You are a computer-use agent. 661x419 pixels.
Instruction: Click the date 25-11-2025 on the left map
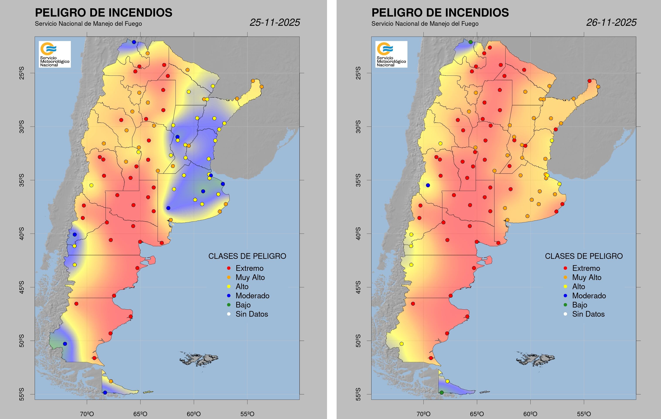275,22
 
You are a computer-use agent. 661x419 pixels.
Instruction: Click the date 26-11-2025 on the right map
611,22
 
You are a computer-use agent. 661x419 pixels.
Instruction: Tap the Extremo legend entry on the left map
249,268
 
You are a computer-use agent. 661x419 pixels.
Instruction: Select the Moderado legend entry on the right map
589,296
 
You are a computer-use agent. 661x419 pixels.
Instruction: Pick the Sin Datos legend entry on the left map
251,314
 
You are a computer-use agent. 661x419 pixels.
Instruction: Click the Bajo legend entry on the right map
579,305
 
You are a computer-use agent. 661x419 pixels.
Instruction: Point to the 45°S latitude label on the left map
22,287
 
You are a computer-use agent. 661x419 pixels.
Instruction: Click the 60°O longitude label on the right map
530,414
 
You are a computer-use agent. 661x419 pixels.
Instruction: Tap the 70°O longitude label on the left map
87,414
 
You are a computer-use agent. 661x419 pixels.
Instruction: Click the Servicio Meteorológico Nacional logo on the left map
55,54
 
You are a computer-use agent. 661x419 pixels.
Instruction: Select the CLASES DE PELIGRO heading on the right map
584,256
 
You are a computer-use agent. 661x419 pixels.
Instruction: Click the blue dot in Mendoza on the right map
428,185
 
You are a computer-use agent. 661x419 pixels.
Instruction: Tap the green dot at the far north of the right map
470,42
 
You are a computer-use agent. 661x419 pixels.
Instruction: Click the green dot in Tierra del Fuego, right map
441,393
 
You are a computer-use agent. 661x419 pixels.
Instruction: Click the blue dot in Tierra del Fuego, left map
105,393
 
